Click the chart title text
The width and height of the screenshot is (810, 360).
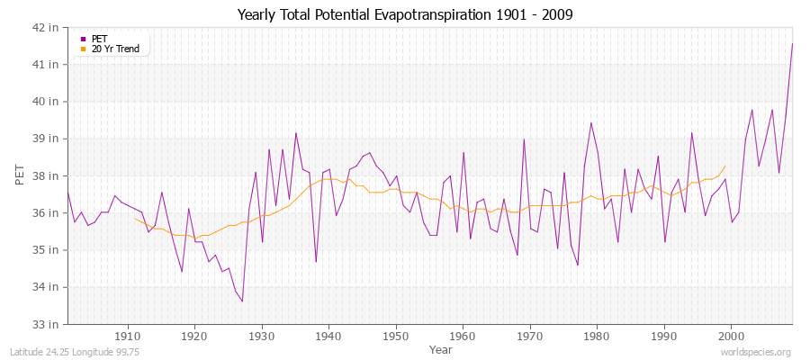pyautogui.click(x=405, y=14)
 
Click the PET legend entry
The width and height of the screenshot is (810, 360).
pyautogui.click(x=100, y=39)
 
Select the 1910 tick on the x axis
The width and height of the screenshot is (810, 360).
pyautogui.click(x=128, y=336)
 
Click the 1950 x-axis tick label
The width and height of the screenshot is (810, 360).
pyautogui.click(x=396, y=336)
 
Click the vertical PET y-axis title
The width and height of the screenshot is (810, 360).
pyautogui.click(x=20, y=175)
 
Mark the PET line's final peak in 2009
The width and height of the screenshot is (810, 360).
pyautogui.click(x=792, y=43)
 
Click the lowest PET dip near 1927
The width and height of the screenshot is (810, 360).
pyautogui.click(x=242, y=301)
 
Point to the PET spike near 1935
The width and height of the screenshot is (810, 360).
pyautogui.click(x=295, y=133)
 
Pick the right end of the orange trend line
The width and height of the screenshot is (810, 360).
pyautogui.click(x=725, y=166)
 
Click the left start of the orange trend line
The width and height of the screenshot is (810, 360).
pyautogui.click(x=135, y=218)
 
